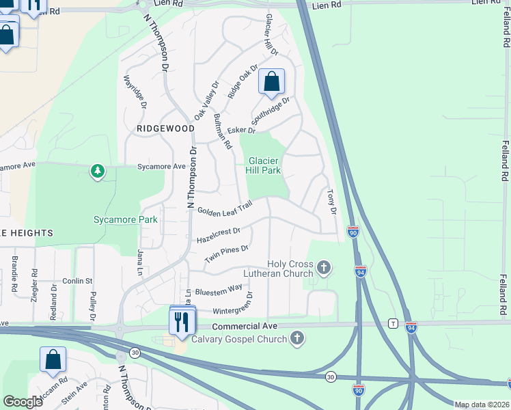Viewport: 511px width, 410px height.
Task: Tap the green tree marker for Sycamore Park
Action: click(x=98, y=171)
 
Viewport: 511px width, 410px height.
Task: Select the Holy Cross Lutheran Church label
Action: click(x=281, y=269)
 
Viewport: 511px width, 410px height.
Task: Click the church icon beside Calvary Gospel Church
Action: click(x=296, y=338)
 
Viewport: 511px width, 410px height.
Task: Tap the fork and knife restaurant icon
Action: click(x=182, y=320)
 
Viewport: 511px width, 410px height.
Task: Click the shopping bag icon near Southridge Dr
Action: click(x=271, y=82)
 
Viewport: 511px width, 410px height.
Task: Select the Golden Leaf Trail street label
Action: click(x=225, y=207)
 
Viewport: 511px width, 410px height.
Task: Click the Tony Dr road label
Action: click(x=332, y=203)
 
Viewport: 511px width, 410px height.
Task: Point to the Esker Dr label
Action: click(x=236, y=131)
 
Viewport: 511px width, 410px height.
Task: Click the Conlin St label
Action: click(x=77, y=281)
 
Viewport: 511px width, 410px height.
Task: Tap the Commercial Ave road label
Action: click(x=244, y=327)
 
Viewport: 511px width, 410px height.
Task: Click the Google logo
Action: click(x=23, y=402)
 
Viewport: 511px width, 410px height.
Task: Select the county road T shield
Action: click(x=393, y=323)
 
